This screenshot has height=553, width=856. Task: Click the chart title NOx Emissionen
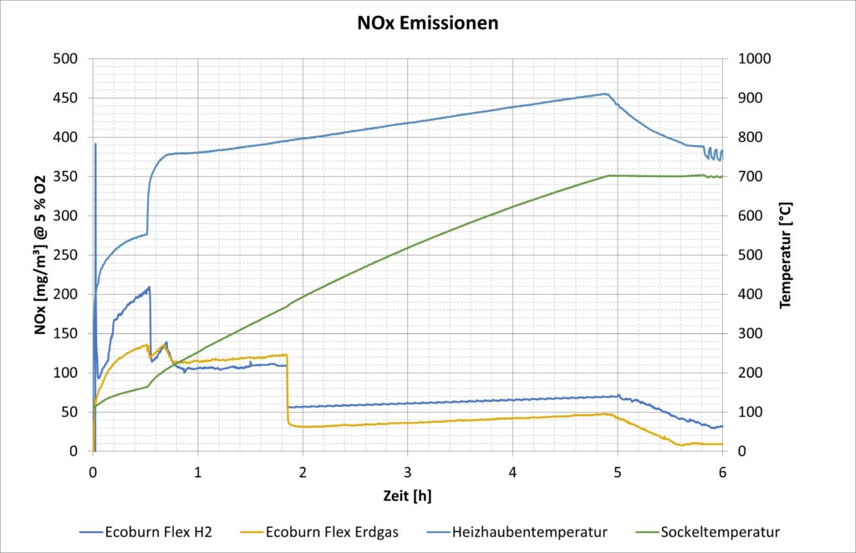point(427,23)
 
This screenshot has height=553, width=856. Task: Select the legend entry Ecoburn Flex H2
point(159,531)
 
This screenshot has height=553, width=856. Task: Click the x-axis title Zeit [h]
point(407,495)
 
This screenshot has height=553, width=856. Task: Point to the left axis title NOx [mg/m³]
point(40,255)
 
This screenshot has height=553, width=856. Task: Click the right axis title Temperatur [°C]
point(785,255)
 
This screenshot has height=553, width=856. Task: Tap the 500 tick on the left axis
point(65,59)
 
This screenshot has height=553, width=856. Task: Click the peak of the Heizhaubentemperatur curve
point(604,94)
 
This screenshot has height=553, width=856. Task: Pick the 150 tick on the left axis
point(65,333)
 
